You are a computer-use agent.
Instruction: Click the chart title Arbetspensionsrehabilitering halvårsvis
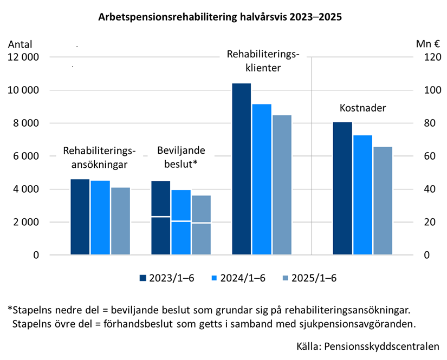pyautogui.click(x=220, y=17)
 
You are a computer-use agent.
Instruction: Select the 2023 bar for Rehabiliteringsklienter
pyautogui.click(x=242, y=169)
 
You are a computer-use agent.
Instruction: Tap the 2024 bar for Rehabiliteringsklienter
pyautogui.click(x=262, y=179)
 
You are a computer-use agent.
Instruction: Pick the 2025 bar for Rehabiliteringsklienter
pyautogui.click(x=282, y=185)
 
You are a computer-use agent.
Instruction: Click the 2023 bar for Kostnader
pyautogui.click(x=342, y=188)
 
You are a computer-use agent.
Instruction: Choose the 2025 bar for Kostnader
pyautogui.click(x=383, y=200)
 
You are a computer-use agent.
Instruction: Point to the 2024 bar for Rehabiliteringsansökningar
pyautogui.click(x=100, y=217)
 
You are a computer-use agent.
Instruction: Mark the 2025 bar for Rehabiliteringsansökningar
pyautogui.click(x=120, y=221)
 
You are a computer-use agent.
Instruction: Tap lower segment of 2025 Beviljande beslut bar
pyautogui.click(x=201, y=239)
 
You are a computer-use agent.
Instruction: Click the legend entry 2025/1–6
pyautogui.click(x=309, y=278)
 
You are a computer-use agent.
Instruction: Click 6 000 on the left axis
pyautogui.click(x=25, y=156)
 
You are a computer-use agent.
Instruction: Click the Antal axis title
pyautogui.click(x=20, y=44)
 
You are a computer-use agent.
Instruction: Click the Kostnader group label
pyautogui.click(x=362, y=108)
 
